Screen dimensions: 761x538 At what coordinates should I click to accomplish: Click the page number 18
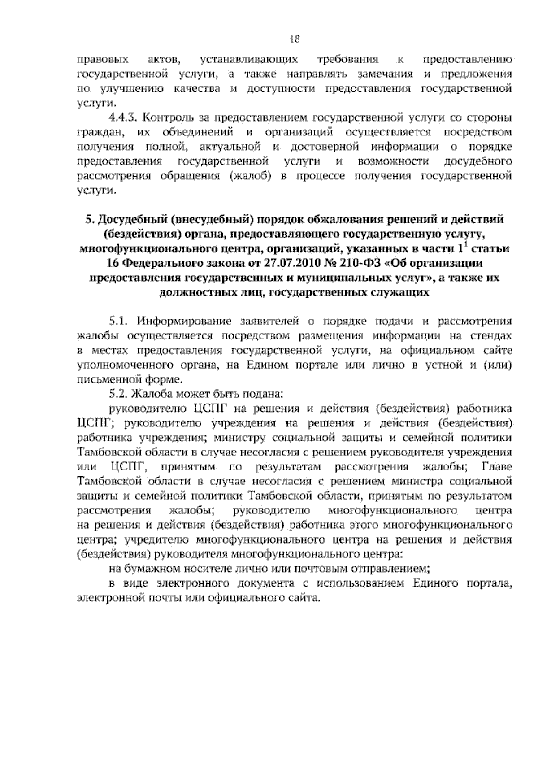pos(294,39)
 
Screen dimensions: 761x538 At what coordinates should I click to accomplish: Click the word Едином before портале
pos(267,365)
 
